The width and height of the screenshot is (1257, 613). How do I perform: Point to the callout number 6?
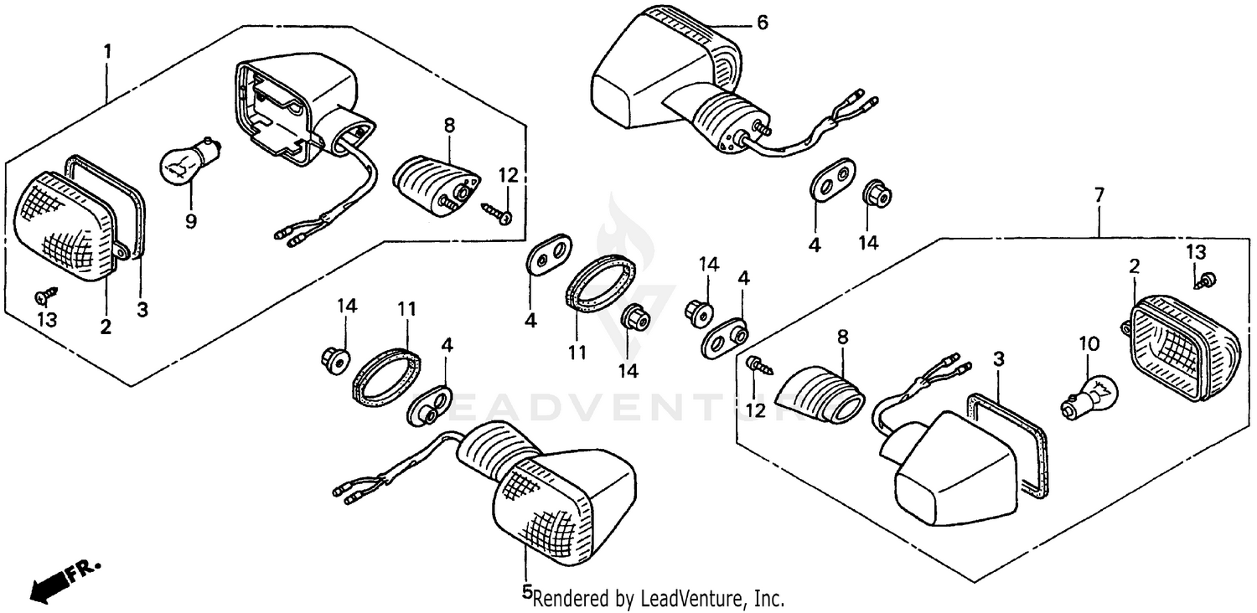(x=762, y=23)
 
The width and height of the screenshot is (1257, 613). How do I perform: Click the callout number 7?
(x=1099, y=195)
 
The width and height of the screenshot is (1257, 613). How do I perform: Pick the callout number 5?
(x=527, y=592)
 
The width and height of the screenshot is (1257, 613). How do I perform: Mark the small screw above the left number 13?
(x=47, y=294)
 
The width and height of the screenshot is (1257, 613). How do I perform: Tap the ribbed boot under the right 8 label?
(x=820, y=394)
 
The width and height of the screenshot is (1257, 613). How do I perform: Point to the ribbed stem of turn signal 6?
(x=724, y=119)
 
